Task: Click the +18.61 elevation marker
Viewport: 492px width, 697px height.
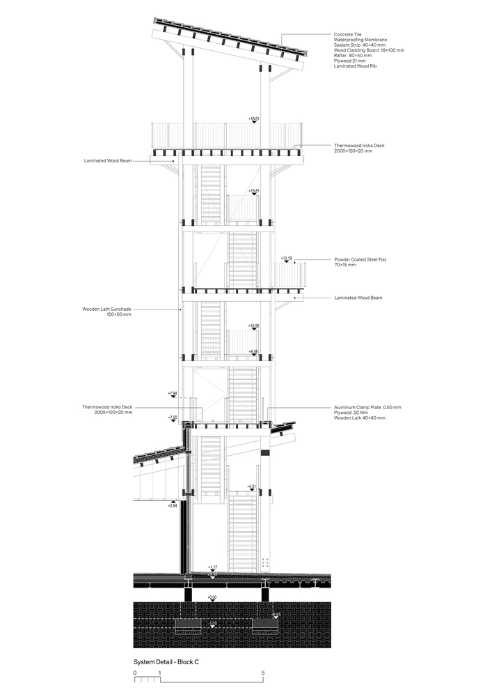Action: point(254,118)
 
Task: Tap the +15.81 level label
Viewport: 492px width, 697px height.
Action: point(254,190)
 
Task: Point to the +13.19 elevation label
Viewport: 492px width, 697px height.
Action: point(286,258)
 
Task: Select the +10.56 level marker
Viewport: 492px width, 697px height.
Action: point(254,325)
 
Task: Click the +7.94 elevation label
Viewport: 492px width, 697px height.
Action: point(173,394)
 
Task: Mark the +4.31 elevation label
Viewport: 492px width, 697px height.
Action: point(252,486)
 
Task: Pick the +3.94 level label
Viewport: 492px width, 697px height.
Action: point(173,506)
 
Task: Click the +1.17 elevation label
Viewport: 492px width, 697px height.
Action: point(213,567)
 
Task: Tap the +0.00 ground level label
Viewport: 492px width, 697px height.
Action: point(212,597)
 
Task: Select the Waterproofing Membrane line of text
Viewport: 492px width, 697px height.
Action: point(361,40)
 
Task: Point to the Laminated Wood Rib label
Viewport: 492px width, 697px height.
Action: point(355,66)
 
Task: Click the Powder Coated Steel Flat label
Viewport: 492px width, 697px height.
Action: point(360,259)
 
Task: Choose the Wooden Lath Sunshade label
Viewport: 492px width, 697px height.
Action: point(107,309)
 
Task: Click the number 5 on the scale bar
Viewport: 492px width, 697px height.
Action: point(263,673)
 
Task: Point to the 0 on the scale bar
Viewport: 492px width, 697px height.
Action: point(134,673)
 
